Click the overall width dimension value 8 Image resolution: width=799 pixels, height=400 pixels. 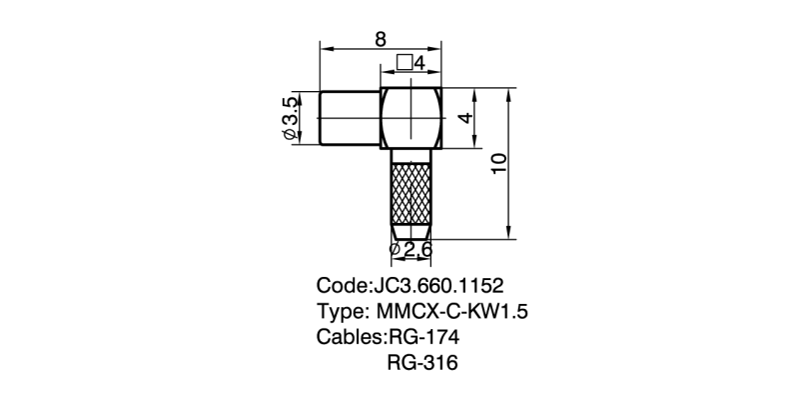click(381, 39)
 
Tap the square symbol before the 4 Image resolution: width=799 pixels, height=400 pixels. click(403, 63)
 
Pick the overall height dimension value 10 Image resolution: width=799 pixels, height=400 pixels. click(500, 164)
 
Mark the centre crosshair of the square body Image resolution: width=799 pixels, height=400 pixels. click(413, 118)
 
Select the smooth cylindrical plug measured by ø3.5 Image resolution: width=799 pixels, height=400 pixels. click(350, 118)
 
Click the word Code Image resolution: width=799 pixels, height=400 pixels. click(341, 283)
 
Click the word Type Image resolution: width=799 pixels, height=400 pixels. click(340, 310)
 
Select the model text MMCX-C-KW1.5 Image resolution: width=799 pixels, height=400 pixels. click(451, 310)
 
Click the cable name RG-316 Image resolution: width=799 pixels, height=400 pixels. click(420, 363)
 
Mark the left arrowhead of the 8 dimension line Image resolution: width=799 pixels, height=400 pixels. click(324, 48)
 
